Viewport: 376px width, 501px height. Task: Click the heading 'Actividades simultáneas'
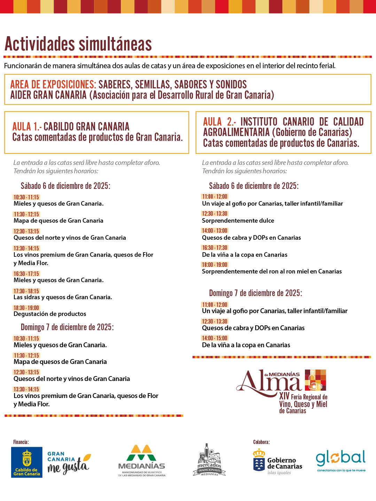(x=78, y=44)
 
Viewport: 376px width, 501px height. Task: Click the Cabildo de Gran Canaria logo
(x=27, y=462)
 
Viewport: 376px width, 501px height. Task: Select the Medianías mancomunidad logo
(x=142, y=460)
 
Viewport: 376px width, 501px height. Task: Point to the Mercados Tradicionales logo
(x=209, y=460)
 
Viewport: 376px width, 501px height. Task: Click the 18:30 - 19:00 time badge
(x=26, y=308)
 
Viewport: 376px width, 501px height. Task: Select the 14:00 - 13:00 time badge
(x=215, y=231)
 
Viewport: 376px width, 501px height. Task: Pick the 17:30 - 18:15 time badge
(x=26, y=291)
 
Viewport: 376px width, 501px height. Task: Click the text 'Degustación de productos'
(x=50, y=314)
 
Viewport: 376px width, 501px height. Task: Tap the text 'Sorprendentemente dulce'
(x=238, y=221)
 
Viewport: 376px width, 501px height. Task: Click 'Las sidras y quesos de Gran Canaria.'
(x=63, y=297)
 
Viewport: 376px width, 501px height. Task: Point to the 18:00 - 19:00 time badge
(x=215, y=265)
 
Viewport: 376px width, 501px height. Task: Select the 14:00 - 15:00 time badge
(x=215, y=338)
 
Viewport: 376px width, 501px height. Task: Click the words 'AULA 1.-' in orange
(x=26, y=126)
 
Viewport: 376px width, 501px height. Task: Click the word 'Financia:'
(x=21, y=442)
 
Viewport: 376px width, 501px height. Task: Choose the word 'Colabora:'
(x=261, y=442)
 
